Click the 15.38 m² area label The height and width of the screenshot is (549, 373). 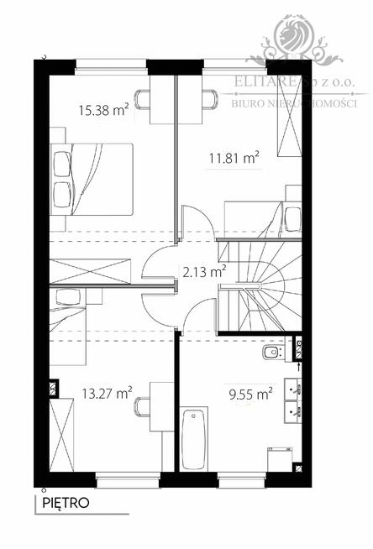(x=102, y=109)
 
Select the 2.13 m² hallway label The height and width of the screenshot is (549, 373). (x=205, y=271)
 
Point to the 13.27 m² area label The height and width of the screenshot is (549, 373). (x=107, y=392)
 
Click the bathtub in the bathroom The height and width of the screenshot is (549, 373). (x=194, y=440)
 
